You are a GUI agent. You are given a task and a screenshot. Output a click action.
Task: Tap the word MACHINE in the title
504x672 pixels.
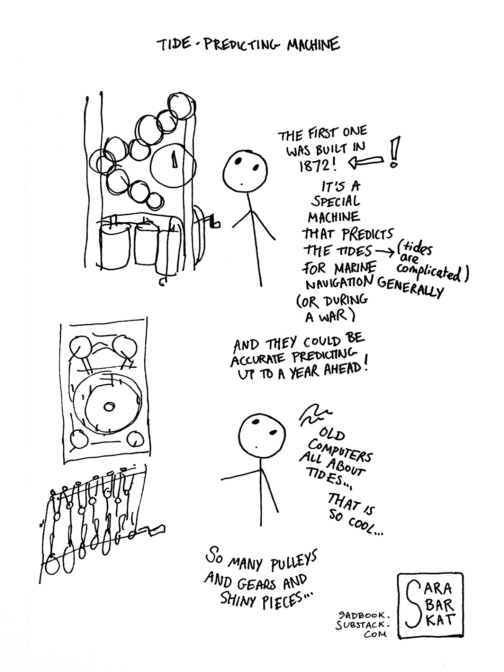313,45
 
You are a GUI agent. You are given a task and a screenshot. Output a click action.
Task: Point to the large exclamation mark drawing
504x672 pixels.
395,151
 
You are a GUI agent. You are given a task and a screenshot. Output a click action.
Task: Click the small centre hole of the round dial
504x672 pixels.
109,407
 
